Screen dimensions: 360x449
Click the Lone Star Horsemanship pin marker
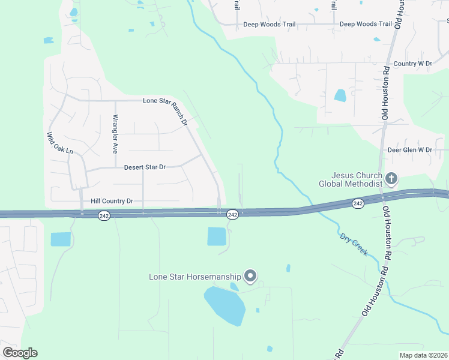250,276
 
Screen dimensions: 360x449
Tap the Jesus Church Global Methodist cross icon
391,178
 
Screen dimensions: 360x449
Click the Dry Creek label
354,245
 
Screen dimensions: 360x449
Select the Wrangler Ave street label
115,133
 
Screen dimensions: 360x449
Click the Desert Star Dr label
144,167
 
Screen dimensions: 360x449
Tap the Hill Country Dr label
111,201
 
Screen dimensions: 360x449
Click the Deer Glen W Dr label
410,149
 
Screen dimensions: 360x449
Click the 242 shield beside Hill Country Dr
104,215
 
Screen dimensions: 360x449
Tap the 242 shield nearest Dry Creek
358,204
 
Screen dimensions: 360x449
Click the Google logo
20,353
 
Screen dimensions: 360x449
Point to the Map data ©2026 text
423,355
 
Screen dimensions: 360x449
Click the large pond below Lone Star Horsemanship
224,305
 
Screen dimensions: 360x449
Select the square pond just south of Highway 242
217,236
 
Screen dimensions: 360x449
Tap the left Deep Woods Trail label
269,25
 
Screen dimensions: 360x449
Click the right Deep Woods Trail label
366,24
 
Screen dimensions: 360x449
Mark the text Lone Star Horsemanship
195,277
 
